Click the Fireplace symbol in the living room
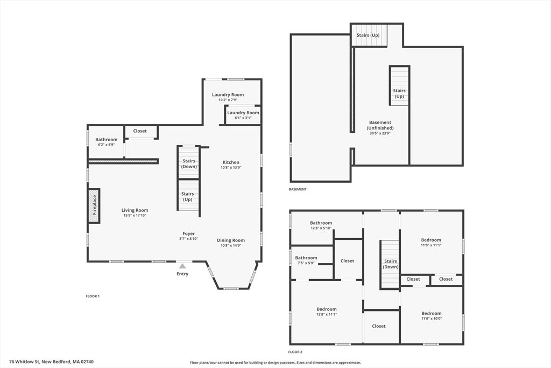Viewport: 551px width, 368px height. [x=94, y=206]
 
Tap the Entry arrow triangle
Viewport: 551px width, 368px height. [x=182, y=266]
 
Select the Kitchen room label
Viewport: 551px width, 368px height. [x=231, y=162]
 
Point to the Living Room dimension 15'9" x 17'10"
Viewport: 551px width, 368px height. [x=135, y=216]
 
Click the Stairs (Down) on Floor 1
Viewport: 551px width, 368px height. [x=189, y=163]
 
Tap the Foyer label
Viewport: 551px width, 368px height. [x=189, y=233]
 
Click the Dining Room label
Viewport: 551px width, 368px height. [x=231, y=240]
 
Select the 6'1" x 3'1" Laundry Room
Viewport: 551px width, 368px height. [x=243, y=115]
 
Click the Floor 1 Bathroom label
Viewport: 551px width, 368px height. [x=107, y=140]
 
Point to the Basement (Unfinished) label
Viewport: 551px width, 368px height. [x=380, y=125]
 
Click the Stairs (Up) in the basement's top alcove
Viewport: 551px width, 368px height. [x=368, y=35]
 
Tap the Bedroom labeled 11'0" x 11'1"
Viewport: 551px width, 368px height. [x=431, y=242]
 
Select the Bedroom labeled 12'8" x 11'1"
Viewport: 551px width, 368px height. [x=327, y=311]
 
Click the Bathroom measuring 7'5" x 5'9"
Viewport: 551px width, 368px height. [x=306, y=260]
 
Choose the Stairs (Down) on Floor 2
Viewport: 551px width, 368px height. [x=391, y=264]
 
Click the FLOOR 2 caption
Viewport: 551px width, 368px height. [x=295, y=352]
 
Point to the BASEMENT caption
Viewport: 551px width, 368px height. [x=298, y=189]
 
